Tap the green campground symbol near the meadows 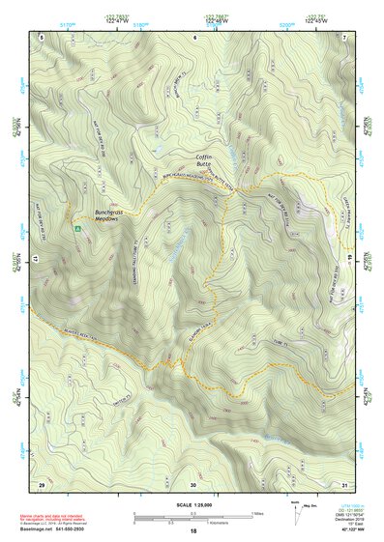click(x=76, y=228)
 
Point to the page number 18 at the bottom click(x=193, y=531)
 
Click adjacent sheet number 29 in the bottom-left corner click(x=41, y=483)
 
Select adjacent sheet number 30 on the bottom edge click(x=193, y=483)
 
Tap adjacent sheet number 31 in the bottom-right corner click(x=345, y=483)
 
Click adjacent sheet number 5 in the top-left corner click(x=42, y=36)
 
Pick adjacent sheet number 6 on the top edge click(x=193, y=36)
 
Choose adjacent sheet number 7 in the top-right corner click(x=345, y=36)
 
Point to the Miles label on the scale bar click(x=258, y=512)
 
